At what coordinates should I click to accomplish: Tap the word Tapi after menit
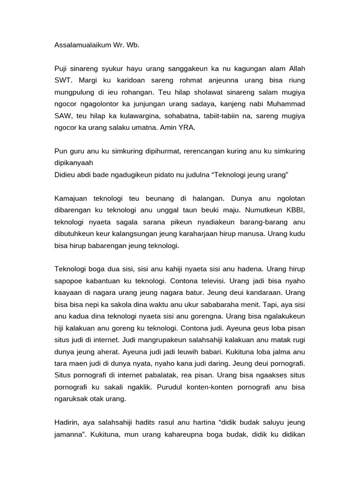pyautogui.click(x=260, y=303)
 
